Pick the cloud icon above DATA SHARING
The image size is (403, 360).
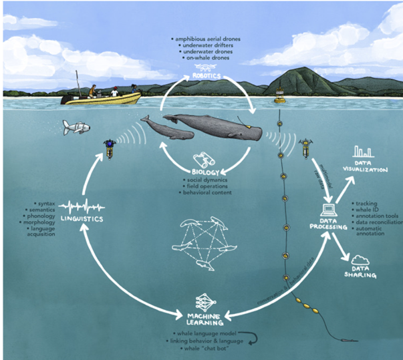tap(361, 259)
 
